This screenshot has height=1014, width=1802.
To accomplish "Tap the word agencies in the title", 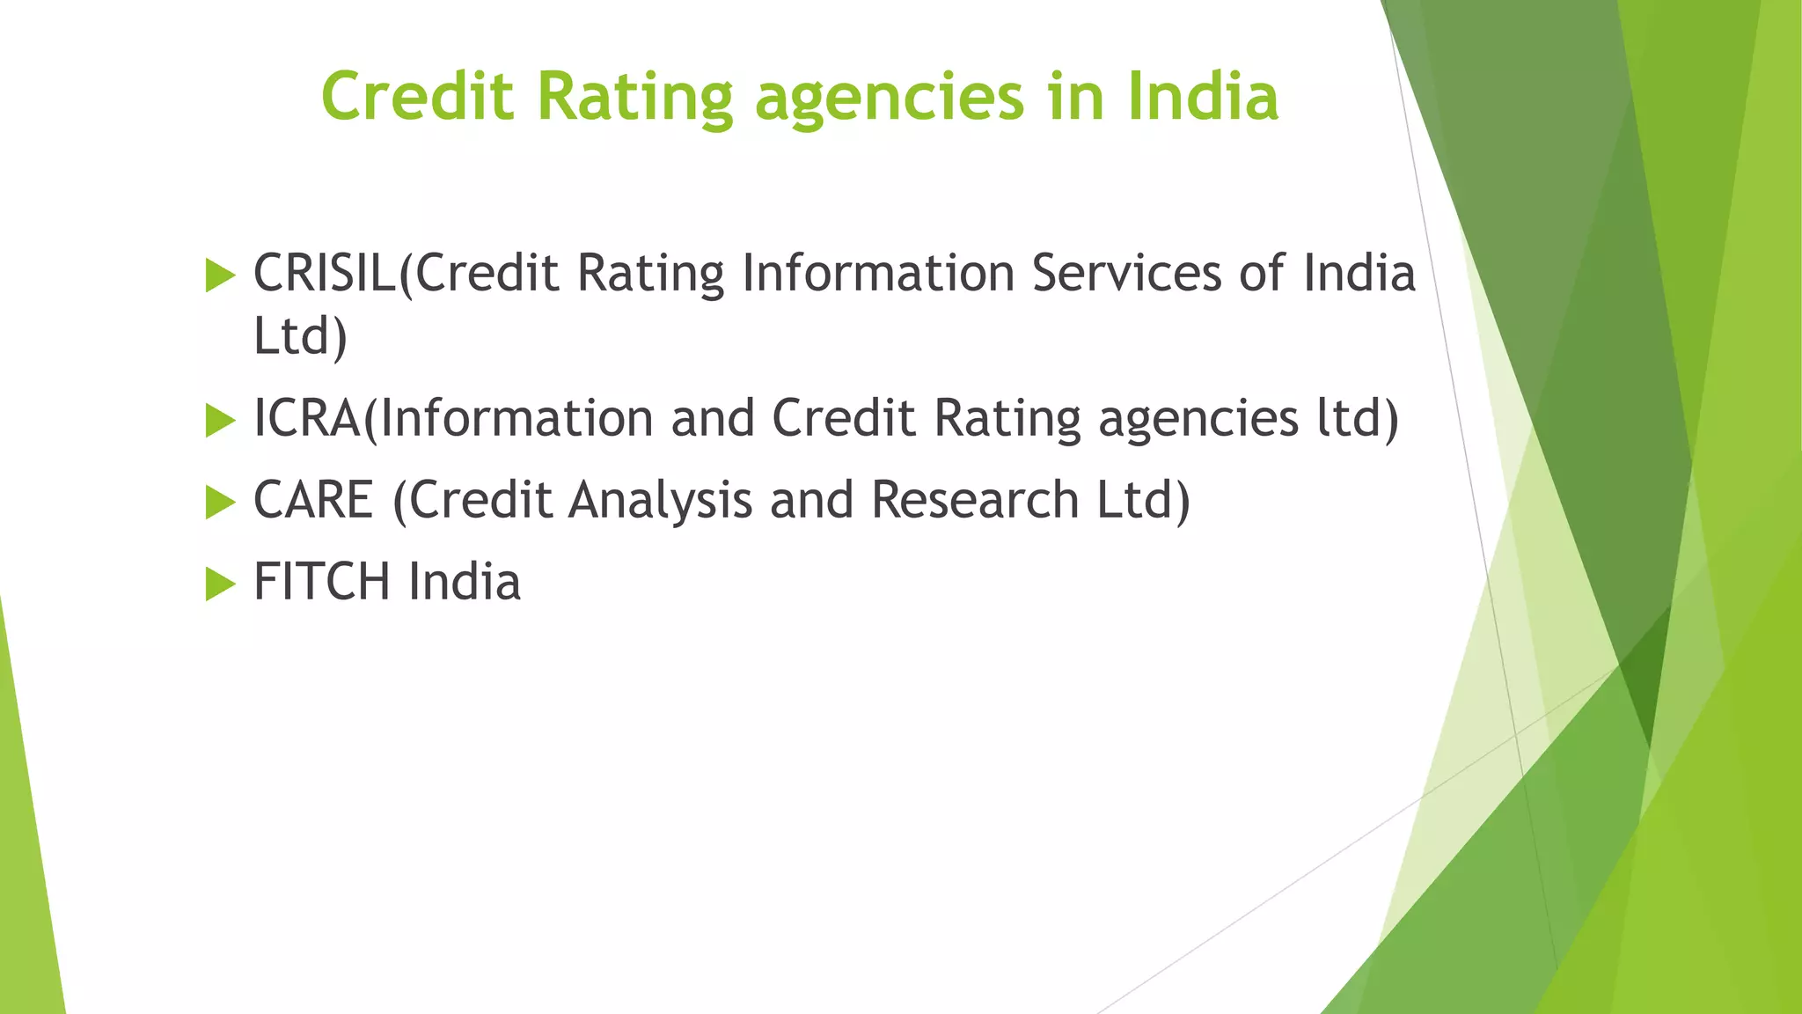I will tap(889, 99).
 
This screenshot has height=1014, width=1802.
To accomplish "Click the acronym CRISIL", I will tap(325, 273).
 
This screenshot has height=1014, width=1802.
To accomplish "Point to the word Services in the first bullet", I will tap(1126, 273).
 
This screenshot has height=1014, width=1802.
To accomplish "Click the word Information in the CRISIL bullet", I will tap(878, 273).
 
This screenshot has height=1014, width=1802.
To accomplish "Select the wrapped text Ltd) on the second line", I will tap(300, 336).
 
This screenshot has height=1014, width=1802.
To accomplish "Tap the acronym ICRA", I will tap(307, 418).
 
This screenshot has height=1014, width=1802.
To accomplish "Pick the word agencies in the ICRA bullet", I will tap(1198, 420).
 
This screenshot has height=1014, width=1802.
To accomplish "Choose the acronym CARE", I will tap(313, 500).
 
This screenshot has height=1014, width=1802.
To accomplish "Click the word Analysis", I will tap(660, 500).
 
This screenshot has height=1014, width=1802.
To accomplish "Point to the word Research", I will tap(975, 500).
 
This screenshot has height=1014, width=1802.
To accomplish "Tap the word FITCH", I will tap(321, 582).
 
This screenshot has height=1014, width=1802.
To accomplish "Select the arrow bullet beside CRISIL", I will tap(220, 276).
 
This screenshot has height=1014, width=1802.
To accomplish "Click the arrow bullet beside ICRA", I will tap(220, 421).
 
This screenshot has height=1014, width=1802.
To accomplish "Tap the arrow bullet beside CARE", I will tap(220, 503).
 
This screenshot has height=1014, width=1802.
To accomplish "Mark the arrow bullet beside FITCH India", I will tap(220, 584).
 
